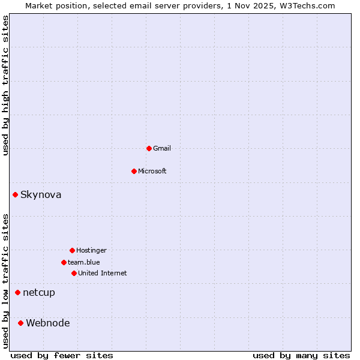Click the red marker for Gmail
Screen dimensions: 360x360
149,148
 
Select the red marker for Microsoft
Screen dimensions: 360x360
134,171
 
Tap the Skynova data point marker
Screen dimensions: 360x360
15,194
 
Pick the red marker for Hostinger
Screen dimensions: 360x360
72,250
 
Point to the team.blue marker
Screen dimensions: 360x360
64,262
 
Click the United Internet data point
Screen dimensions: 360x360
74,273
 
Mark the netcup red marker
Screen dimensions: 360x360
17,292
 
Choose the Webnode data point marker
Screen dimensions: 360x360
20,323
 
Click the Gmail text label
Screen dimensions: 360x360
162,148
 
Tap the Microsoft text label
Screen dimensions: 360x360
152,171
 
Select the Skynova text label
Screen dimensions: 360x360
41,194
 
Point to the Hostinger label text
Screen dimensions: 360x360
91,250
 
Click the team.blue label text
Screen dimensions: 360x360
84,262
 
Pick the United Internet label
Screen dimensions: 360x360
103,273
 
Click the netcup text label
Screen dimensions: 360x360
39,293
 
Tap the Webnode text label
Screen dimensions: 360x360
48,323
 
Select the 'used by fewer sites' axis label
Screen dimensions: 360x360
62,355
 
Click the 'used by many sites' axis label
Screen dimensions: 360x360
301,355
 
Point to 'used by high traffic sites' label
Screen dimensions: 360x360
5,86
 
